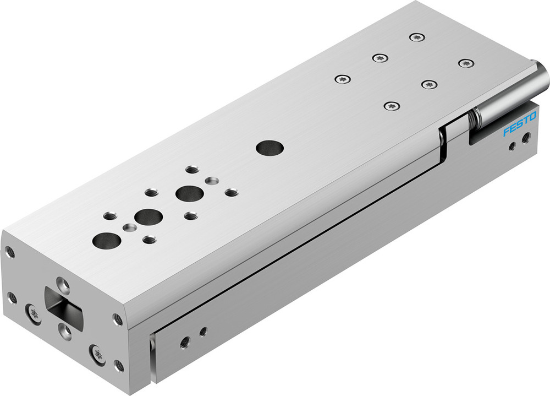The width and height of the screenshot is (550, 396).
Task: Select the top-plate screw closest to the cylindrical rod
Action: click(x=466, y=63)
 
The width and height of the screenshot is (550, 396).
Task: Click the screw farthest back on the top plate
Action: click(x=416, y=37)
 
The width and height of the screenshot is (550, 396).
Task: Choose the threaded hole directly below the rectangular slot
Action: click(x=64, y=330)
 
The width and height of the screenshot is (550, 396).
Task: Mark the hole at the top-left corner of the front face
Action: click(x=9, y=253)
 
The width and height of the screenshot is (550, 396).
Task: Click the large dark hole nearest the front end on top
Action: click(x=107, y=240)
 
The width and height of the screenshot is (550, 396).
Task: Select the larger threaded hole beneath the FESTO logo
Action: click(x=526, y=138)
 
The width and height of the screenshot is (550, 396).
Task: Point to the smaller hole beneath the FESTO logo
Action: click(x=512, y=146)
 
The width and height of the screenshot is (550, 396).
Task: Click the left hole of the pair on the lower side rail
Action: click(x=185, y=341)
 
